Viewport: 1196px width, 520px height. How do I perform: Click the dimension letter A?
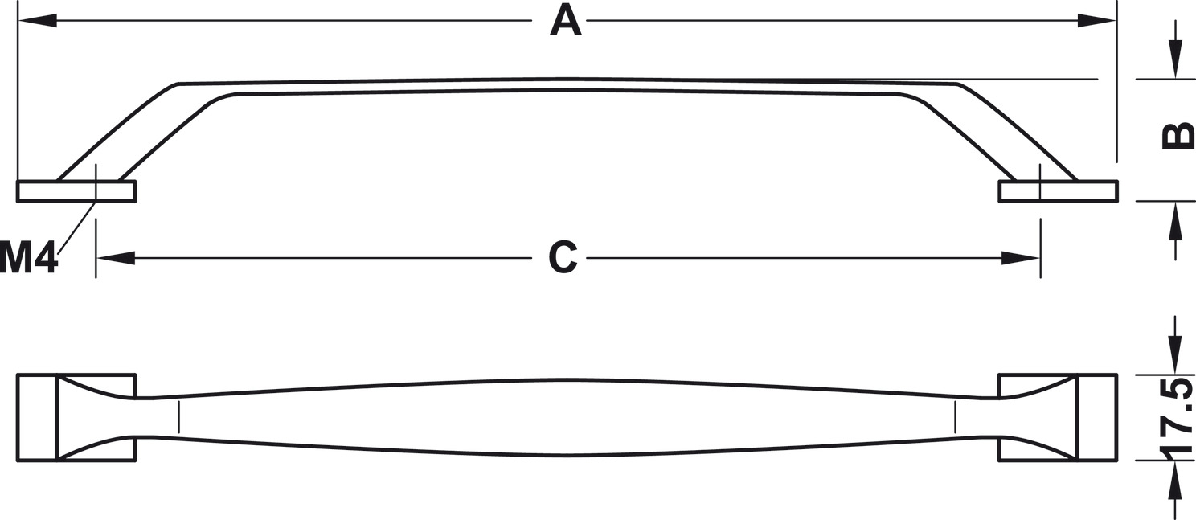tap(565, 20)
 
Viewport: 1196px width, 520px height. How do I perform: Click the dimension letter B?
tap(1178, 137)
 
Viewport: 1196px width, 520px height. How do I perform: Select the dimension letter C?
tap(563, 257)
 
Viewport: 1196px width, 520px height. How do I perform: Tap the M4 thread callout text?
tap(29, 259)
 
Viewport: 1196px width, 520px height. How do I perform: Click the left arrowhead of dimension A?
tap(37, 20)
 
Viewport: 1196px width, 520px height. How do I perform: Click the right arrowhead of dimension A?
tap(1097, 20)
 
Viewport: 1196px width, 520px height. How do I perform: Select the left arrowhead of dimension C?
tap(115, 258)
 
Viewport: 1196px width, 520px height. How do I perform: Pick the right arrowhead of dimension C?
tap(1021, 258)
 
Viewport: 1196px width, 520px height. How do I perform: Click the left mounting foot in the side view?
tap(76, 191)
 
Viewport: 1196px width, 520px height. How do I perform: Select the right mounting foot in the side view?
tap(1058, 191)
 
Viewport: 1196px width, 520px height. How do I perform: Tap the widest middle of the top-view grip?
tap(567, 417)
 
